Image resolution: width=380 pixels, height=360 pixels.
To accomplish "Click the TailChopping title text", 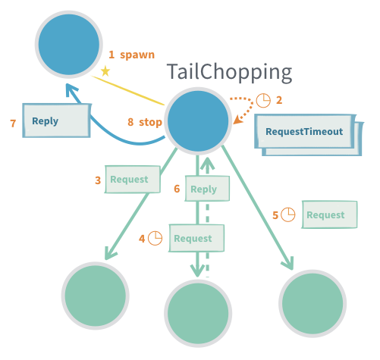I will pyautogui.click(x=229, y=73).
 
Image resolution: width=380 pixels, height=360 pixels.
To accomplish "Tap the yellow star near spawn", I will pyautogui.click(x=105, y=71).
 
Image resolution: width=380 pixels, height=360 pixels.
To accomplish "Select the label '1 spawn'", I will pyautogui.click(x=131, y=55).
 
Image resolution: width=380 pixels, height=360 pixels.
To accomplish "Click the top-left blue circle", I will pyautogui.click(x=70, y=43).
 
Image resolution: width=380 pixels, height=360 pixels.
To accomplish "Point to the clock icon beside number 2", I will pyautogui.click(x=263, y=100).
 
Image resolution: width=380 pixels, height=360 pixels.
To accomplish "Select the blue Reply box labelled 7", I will pyautogui.click(x=56, y=121).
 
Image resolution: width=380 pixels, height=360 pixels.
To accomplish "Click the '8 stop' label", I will pyautogui.click(x=144, y=121).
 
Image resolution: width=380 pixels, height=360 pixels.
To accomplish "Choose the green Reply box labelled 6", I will pyautogui.click(x=203, y=189).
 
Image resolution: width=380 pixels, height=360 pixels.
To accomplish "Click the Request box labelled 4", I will pyautogui.click(x=196, y=238).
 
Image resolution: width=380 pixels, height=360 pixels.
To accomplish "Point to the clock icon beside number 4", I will pyautogui.click(x=155, y=238).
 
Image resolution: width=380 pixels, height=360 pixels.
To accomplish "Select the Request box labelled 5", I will pyautogui.click(x=329, y=214).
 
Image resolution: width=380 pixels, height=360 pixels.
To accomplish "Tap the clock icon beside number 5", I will pyautogui.click(x=288, y=214).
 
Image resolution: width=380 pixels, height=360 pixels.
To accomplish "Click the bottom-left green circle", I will pyautogui.click(x=96, y=296).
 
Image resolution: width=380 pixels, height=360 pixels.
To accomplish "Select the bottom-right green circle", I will pyautogui.click(x=312, y=298).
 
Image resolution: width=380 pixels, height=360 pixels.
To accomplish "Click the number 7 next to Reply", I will pyautogui.click(x=12, y=121).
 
